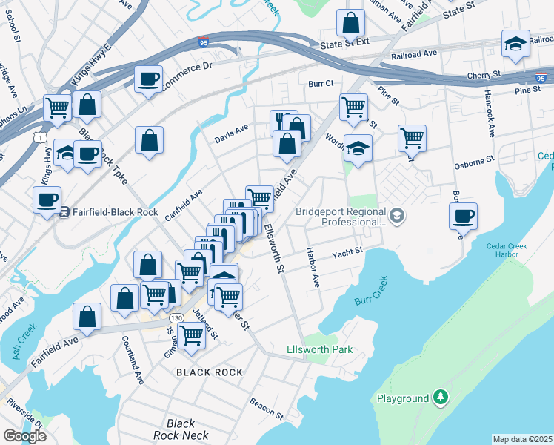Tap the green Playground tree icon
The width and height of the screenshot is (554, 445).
[x=441, y=398]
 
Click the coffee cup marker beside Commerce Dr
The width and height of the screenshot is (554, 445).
[x=148, y=78]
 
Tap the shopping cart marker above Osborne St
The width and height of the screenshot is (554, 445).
[x=412, y=138]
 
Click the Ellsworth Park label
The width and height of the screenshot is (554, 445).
[x=319, y=349]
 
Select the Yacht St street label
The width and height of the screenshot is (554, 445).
[x=347, y=251]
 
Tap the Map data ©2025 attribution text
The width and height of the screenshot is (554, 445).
[x=522, y=439]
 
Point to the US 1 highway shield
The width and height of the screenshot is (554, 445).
[x=39, y=137]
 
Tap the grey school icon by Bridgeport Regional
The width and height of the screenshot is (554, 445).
[x=397, y=216]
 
